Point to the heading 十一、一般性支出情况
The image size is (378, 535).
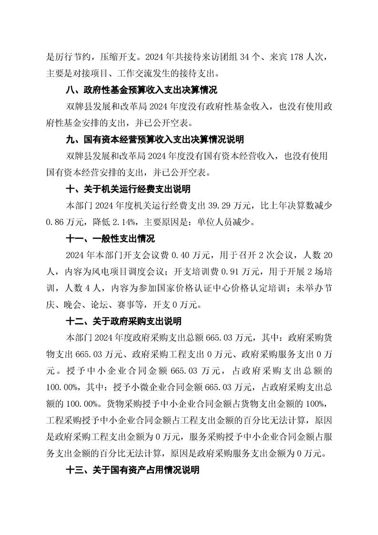[110, 239]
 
